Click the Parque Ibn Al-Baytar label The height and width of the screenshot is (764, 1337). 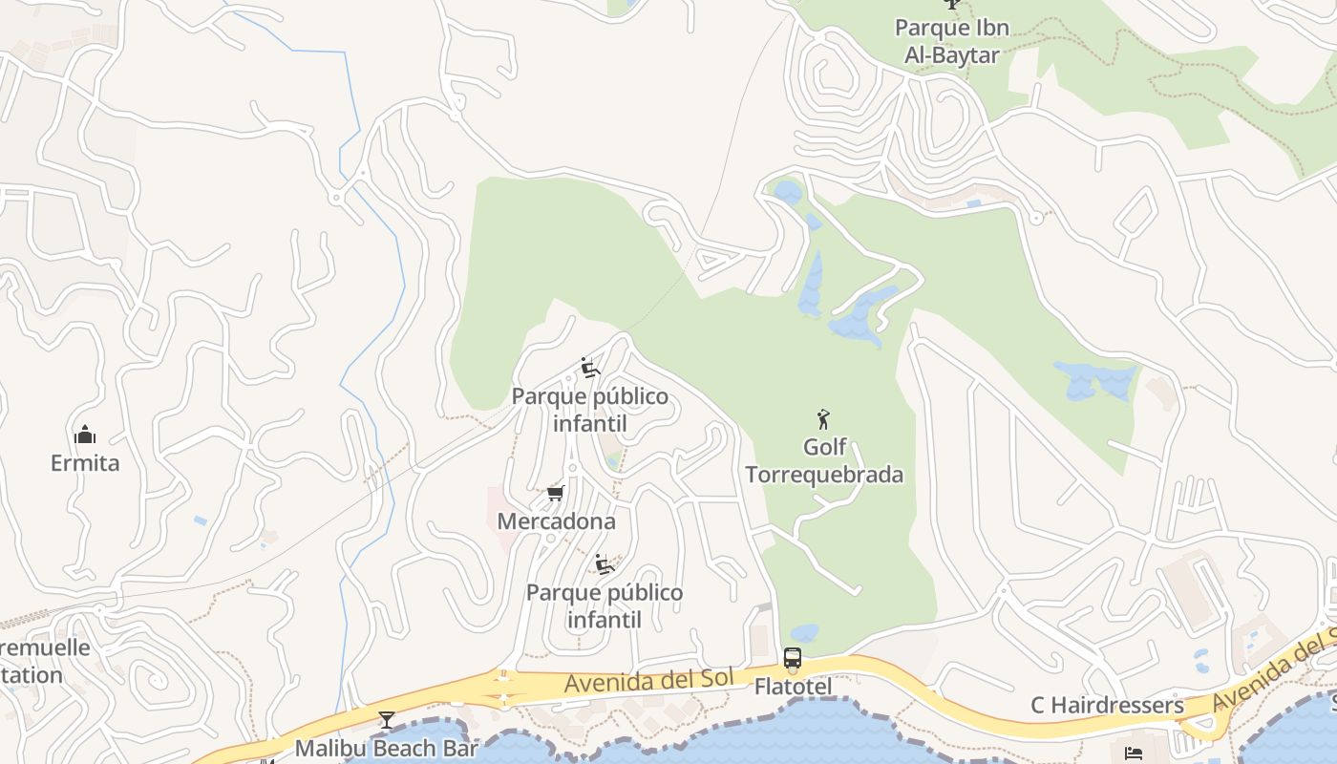(951, 41)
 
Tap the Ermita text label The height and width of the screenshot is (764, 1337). (85, 463)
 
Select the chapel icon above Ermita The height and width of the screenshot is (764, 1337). (85, 435)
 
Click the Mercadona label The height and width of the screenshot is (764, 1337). (556, 521)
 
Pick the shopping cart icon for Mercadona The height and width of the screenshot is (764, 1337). (555, 494)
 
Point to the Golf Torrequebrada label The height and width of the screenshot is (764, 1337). (823, 460)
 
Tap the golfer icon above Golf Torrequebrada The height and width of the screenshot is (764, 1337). (823, 418)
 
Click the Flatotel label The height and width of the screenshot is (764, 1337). (793, 687)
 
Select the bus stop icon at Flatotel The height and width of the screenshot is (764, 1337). (793, 658)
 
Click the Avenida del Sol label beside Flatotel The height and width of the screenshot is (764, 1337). (648, 681)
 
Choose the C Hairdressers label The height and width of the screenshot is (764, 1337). (1107, 705)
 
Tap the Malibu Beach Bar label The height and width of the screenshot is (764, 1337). (386, 748)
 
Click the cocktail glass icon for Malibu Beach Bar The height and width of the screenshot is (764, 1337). (386, 719)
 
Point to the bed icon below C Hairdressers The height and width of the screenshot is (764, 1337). (1134, 753)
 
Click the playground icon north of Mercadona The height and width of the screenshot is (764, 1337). (590, 368)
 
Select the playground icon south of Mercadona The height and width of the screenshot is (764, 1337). (605, 563)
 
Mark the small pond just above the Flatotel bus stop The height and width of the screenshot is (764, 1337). (804, 632)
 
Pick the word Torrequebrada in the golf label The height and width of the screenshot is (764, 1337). (823, 475)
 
